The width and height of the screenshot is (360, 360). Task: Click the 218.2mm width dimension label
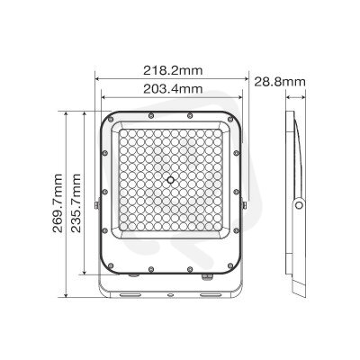173,71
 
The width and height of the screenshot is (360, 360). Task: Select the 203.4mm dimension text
173,89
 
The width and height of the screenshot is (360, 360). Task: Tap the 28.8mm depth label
280,82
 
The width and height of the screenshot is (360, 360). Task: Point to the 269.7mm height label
58,203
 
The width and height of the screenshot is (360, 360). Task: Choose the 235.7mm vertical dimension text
76,203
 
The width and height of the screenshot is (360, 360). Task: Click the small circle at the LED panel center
171,180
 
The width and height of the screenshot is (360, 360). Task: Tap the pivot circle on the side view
299,205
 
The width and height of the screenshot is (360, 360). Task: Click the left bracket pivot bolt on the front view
97,205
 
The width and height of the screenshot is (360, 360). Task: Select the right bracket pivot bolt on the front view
245,205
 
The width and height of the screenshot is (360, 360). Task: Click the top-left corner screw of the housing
111,120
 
